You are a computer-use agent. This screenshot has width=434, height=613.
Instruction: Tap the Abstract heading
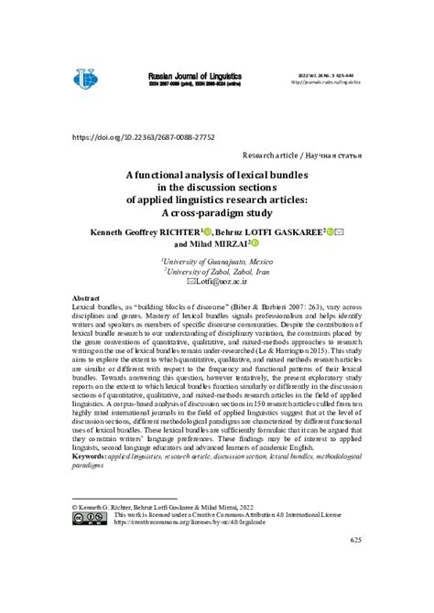[87, 298]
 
